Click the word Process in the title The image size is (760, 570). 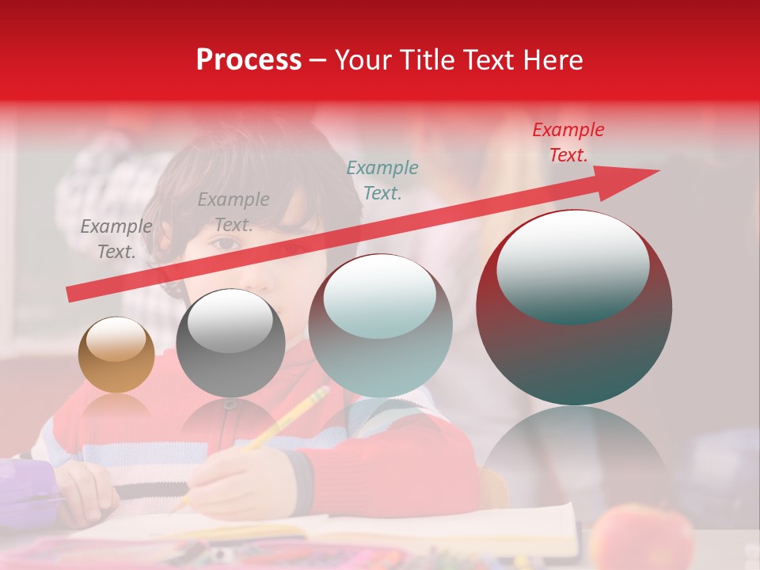249,59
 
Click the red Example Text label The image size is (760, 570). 568,142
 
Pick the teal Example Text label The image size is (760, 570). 382,180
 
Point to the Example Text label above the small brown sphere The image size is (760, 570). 116,239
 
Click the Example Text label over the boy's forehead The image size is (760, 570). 233,212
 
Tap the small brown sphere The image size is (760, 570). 116,355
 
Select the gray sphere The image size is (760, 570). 230,342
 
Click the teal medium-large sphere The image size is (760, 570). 380,326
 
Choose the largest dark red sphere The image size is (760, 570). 574,308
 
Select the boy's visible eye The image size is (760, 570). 228,243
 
